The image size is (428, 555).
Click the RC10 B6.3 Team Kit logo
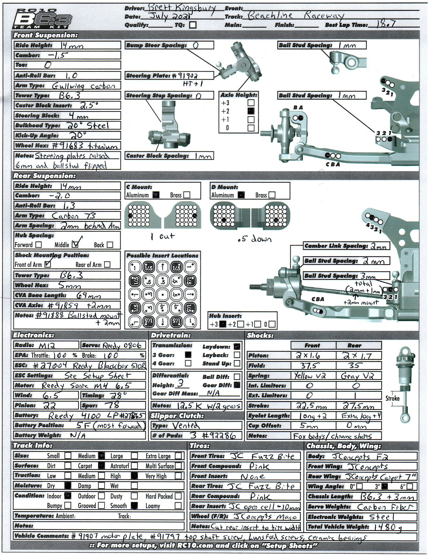(x=42, y=19)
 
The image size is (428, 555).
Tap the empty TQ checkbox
(x=193, y=25)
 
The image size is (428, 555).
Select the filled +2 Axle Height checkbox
(x=251, y=111)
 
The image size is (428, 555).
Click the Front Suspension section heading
(x=46, y=35)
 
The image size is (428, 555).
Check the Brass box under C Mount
(x=187, y=195)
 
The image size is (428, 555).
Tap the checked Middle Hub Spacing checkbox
(x=75, y=244)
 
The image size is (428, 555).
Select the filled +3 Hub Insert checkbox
(x=223, y=324)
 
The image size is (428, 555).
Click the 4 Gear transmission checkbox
(x=188, y=363)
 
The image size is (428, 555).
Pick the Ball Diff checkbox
(x=237, y=377)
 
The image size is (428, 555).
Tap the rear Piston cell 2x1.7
(x=358, y=356)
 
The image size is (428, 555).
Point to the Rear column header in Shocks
(x=354, y=345)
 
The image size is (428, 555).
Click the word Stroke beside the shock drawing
(x=392, y=398)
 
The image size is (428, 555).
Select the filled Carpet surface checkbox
(x=101, y=466)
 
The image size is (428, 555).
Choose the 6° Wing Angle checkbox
(x=410, y=486)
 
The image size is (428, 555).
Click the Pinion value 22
(x=49, y=405)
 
